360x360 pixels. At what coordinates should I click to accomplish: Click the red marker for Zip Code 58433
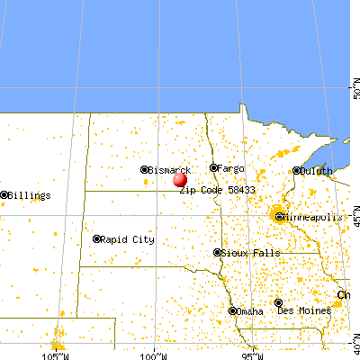(x=180, y=180)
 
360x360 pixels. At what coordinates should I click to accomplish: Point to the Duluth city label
(x=316, y=170)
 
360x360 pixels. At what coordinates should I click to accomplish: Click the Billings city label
(x=29, y=194)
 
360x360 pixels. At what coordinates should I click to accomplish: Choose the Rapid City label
(x=128, y=239)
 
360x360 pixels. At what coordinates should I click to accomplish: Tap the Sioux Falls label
(x=247, y=253)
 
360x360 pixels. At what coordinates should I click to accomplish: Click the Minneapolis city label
(x=315, y=217)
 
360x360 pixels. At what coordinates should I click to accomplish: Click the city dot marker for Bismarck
(x=144, y=169)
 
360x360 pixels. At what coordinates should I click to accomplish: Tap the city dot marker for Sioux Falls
(x=217, y=253)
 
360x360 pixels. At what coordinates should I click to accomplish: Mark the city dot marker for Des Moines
(x=279, y=303)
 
